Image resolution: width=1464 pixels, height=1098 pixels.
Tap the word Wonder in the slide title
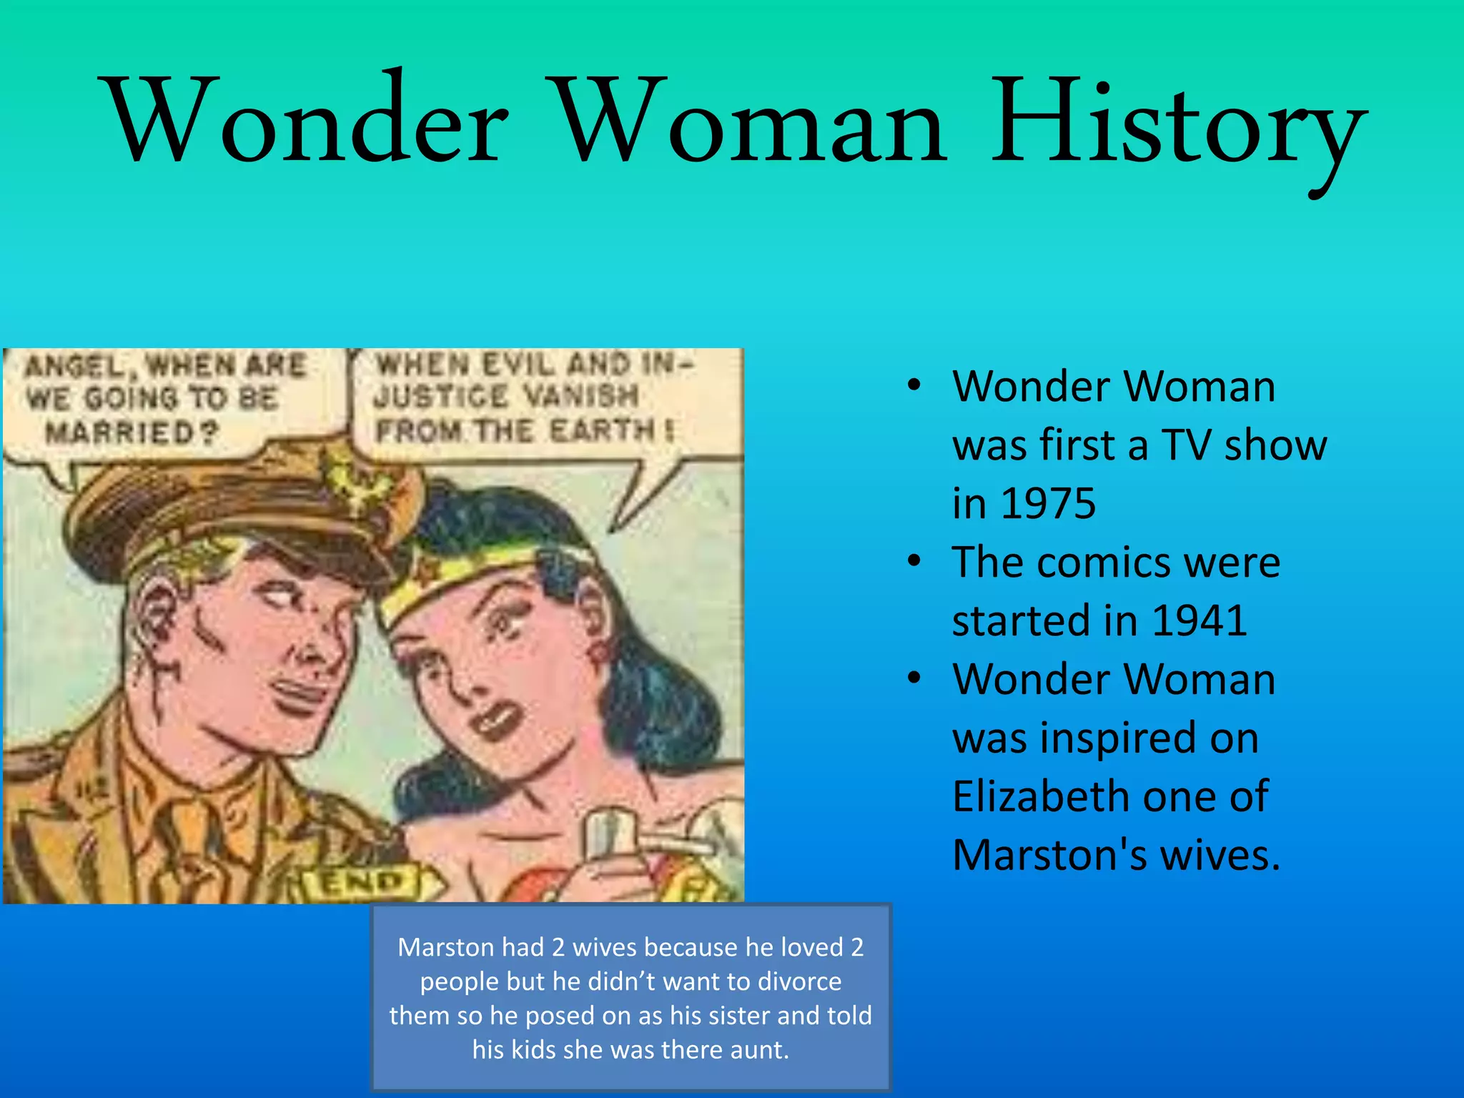307,122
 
